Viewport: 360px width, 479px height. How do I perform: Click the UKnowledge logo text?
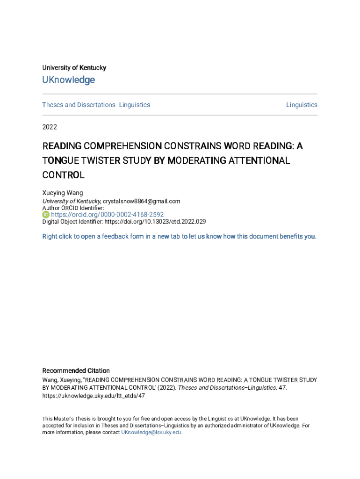pyautogui.click(x=68, y=80)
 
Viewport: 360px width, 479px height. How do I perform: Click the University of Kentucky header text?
pyautogui.click(x=74, y=68)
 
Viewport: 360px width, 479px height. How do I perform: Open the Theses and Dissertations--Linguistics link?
pyautogui.click(x=96, y=105)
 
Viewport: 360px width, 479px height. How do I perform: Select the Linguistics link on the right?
pyautogui.click(x=302, y=105)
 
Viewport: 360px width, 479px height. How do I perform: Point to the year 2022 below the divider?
pyautogui.click(x=50, y=127)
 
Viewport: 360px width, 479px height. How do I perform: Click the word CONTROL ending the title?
pyautogui.click(x=63, y=175)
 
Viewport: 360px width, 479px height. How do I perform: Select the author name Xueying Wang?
pyautogui.click(x=63, y=193)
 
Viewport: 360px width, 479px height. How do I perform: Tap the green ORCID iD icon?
pyautogui.click(x=46, y=215)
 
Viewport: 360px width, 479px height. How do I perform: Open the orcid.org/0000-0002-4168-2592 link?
pyautogui.click(x=107, y=215)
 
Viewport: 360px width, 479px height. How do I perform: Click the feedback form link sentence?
pyautogui.click(x=179, y=236)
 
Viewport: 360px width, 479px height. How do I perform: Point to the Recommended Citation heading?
pyautogui.click(x=76, y=370)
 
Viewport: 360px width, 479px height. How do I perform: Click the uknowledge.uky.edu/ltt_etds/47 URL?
pyautogui.click(x=94, y=396)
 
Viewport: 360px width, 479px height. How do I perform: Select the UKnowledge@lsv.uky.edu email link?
pyautogui.click(x=151, y=433)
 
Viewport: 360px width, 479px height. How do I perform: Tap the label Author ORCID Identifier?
pyautogui.click(x=73, y=208)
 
